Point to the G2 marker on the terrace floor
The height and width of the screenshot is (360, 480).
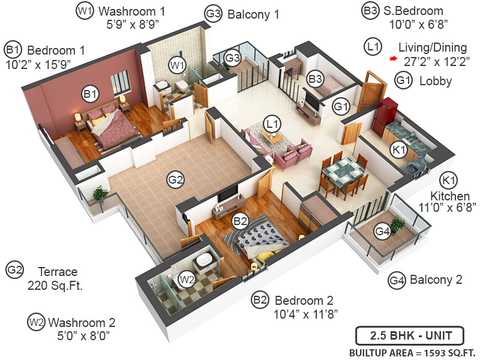(175, 179)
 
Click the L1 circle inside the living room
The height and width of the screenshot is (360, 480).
(273, 124)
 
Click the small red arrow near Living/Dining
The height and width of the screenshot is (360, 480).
(393, 59)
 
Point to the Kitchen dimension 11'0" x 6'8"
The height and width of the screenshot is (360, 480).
(448, 208)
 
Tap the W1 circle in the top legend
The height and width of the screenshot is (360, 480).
(84, 10)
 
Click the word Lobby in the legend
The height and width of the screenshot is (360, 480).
(436, 81)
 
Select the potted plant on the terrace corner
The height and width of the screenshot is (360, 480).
(101, 194)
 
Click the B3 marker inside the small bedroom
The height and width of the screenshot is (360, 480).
(316, 78)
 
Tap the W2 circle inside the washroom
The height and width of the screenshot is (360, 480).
(188, 279)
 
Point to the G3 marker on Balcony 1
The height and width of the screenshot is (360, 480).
(233, 58)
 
